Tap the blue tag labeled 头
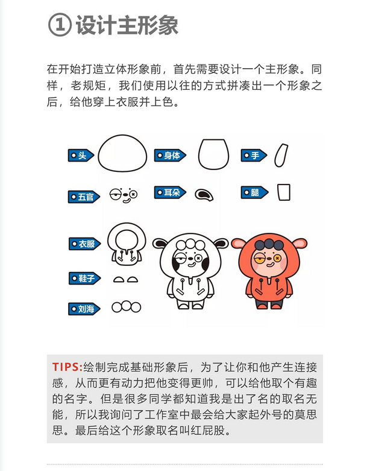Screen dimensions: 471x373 [81, 156]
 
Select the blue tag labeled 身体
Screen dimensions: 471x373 [170, 156]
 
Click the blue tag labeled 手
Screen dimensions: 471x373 [254, 156]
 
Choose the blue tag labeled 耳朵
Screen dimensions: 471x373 [170, 192]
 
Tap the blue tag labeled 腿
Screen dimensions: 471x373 [254, 192]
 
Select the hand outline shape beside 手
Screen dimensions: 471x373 [281, 155]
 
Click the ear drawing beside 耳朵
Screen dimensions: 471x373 [204, 194]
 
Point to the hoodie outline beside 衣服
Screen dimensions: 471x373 [126, 244]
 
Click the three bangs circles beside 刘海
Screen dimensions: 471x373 [126, 307]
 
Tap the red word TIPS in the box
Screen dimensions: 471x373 [67, 367]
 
